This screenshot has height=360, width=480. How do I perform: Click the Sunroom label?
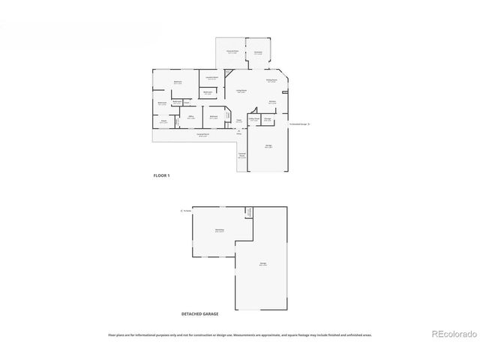click(258, 52)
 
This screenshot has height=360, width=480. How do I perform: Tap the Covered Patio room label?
click(232, 52)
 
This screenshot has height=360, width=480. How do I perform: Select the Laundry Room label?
click(212, 77)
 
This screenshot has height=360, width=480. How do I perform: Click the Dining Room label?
click(271, 79)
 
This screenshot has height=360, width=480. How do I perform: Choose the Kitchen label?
click(272, 101)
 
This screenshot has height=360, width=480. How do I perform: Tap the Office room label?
click(191, 116)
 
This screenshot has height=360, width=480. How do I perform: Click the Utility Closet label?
click(255, 119)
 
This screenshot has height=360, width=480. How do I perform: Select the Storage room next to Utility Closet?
click(267, 119)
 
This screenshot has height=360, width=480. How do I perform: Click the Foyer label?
click(238, 120)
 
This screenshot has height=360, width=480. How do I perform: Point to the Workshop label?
click(220, 229)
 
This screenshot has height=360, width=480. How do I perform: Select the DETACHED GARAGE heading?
click(199, 313)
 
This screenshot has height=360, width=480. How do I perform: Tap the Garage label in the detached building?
click(263, 265)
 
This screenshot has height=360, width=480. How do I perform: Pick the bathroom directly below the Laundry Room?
click(208, 93)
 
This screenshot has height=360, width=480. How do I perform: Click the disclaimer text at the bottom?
click(239, 335)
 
